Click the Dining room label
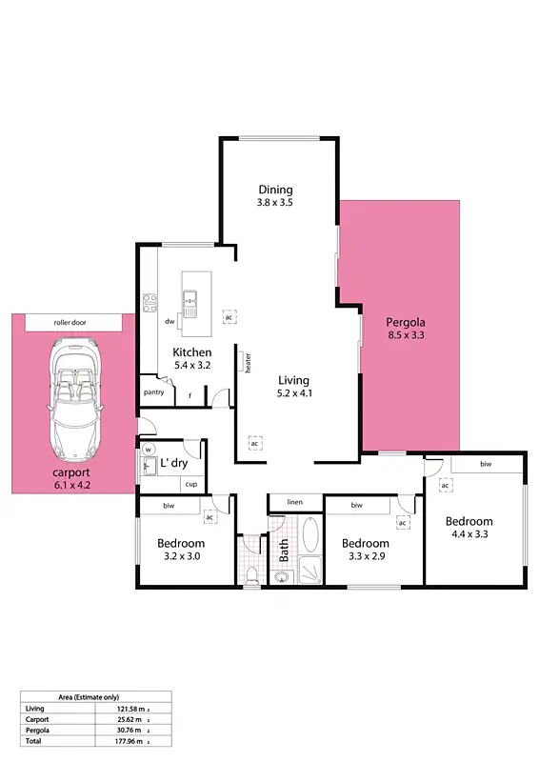(275, 190)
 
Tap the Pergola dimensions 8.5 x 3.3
(406, 335)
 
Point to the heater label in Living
(248, 363)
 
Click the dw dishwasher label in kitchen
(170, 322)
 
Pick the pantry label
(153, 391)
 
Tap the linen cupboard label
(295, 502)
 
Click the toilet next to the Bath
(251, 574)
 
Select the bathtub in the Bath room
(310, 535)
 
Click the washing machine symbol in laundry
(149, 451)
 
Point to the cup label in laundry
(190, 484)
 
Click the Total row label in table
(34, 739)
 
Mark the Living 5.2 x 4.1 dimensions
(294, 392)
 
